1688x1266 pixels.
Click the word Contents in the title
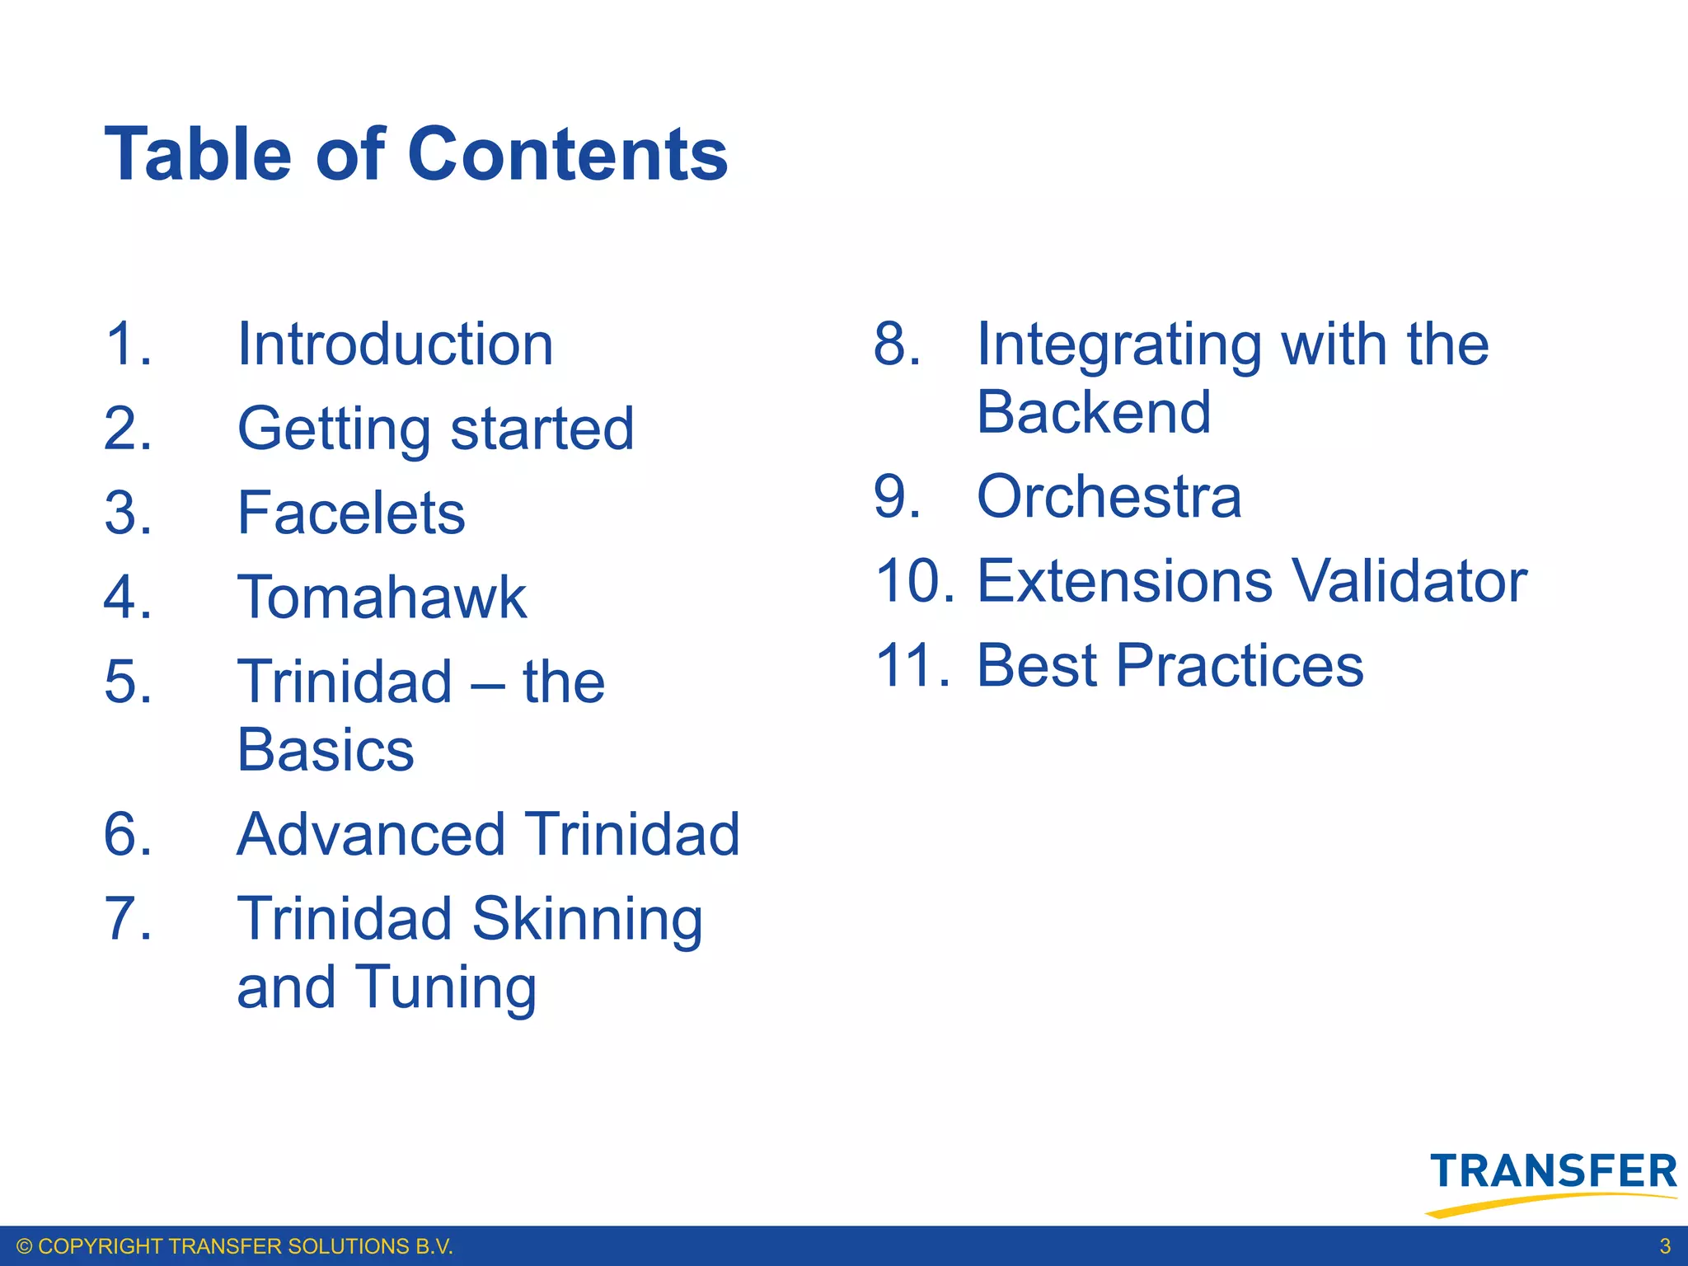(568, 154)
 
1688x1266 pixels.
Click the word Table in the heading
(198, 154)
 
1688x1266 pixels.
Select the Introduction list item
(395, 345)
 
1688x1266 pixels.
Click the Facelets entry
(351, 513)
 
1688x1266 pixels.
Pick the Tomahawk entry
(382, 598)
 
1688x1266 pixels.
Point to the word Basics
(326, 750)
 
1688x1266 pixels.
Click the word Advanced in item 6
(370, 834)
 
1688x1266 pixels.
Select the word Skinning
(587, 920)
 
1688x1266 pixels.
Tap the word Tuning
(446, 988)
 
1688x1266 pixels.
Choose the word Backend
(1093, 412)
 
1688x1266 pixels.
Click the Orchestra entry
(1109, 497)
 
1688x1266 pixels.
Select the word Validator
(1409, 581)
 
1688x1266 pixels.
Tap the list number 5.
(128, 682)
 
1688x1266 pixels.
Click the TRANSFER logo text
(1554, 1172)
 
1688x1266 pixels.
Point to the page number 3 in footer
(1664, 1246)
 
